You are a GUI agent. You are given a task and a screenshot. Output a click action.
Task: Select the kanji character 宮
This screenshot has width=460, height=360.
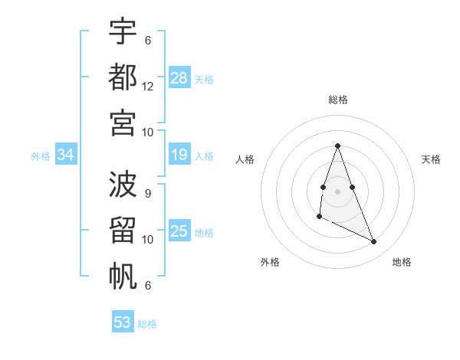pos(123,122)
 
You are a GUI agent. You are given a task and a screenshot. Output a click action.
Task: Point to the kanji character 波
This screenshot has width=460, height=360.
pos(123,185)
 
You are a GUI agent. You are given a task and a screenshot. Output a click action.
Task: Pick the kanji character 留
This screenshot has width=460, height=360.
pos(123,230)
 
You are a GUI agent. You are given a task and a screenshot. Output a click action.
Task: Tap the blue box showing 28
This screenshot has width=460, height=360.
pos(179,78)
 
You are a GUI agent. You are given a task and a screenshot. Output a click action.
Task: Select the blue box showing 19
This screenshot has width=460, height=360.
pos(179,155)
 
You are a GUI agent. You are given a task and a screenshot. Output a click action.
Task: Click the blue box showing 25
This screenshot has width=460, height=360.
pos(179,231)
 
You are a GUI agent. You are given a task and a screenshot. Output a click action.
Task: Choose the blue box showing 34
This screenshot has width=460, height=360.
pos(66,155)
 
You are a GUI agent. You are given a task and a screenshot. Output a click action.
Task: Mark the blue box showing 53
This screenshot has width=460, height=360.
pos(123,322)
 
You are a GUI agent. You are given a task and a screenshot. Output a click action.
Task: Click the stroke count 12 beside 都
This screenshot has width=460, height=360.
pos(148,87)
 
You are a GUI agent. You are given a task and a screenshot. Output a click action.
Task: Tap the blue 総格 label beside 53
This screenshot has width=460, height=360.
pos(148,324)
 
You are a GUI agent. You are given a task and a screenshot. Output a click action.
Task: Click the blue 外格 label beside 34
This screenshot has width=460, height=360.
pos(41,156)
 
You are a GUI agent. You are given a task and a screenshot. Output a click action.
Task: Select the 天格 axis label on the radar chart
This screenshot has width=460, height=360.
pos(431,159)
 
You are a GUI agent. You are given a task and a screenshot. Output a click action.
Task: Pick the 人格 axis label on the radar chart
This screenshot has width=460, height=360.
pos(245,159)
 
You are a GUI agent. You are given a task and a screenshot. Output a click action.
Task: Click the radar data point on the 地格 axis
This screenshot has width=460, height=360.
pos(374,241)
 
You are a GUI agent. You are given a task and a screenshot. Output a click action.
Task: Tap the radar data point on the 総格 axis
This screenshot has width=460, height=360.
pos(337,146)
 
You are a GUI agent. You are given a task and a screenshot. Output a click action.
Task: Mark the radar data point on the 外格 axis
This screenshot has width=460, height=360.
pos(319,217)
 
